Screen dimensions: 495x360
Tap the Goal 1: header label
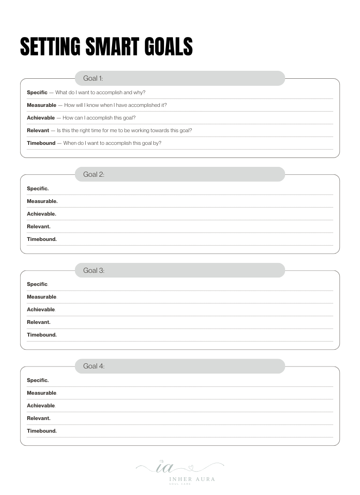click(93, 78)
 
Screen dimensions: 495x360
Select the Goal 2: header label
click(94, 174)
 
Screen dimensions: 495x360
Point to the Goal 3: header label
click(94, 270)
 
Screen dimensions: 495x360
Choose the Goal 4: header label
click(94, 366)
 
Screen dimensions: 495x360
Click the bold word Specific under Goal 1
click(37, 92)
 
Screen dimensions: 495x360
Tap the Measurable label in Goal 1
click(41, 105)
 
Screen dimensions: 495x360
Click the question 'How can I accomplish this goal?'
click(99, 118)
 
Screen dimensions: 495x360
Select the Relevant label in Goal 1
click(38, 130)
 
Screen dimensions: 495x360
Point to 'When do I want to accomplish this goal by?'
click(112, 143)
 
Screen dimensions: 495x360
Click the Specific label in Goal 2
click(37, 188)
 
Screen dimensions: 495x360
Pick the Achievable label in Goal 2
click(41, 214)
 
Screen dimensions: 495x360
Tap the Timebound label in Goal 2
click(42, 239)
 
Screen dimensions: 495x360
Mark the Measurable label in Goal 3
click(41, 297)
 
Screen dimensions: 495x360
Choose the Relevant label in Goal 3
click(38, 322)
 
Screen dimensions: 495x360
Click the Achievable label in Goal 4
click(41, 405)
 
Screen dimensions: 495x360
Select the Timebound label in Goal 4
click(42, 431)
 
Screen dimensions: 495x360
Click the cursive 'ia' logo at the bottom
click(165, 467)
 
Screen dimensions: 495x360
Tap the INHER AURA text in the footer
click(192, 479)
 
